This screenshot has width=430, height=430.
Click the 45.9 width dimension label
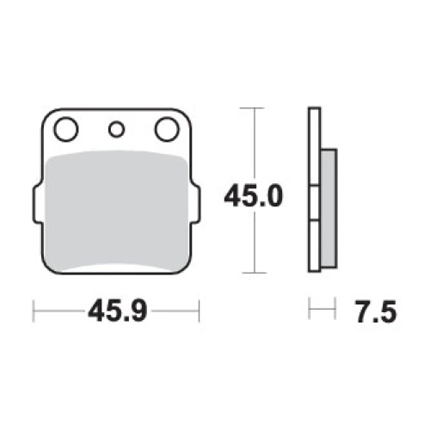118,310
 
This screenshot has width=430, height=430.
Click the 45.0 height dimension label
254,196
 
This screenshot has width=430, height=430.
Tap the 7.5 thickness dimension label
376,312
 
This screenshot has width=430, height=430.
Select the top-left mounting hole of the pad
66,129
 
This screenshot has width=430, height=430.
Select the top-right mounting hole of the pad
167,129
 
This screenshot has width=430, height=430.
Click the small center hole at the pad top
116,129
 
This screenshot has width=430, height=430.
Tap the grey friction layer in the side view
329,209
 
